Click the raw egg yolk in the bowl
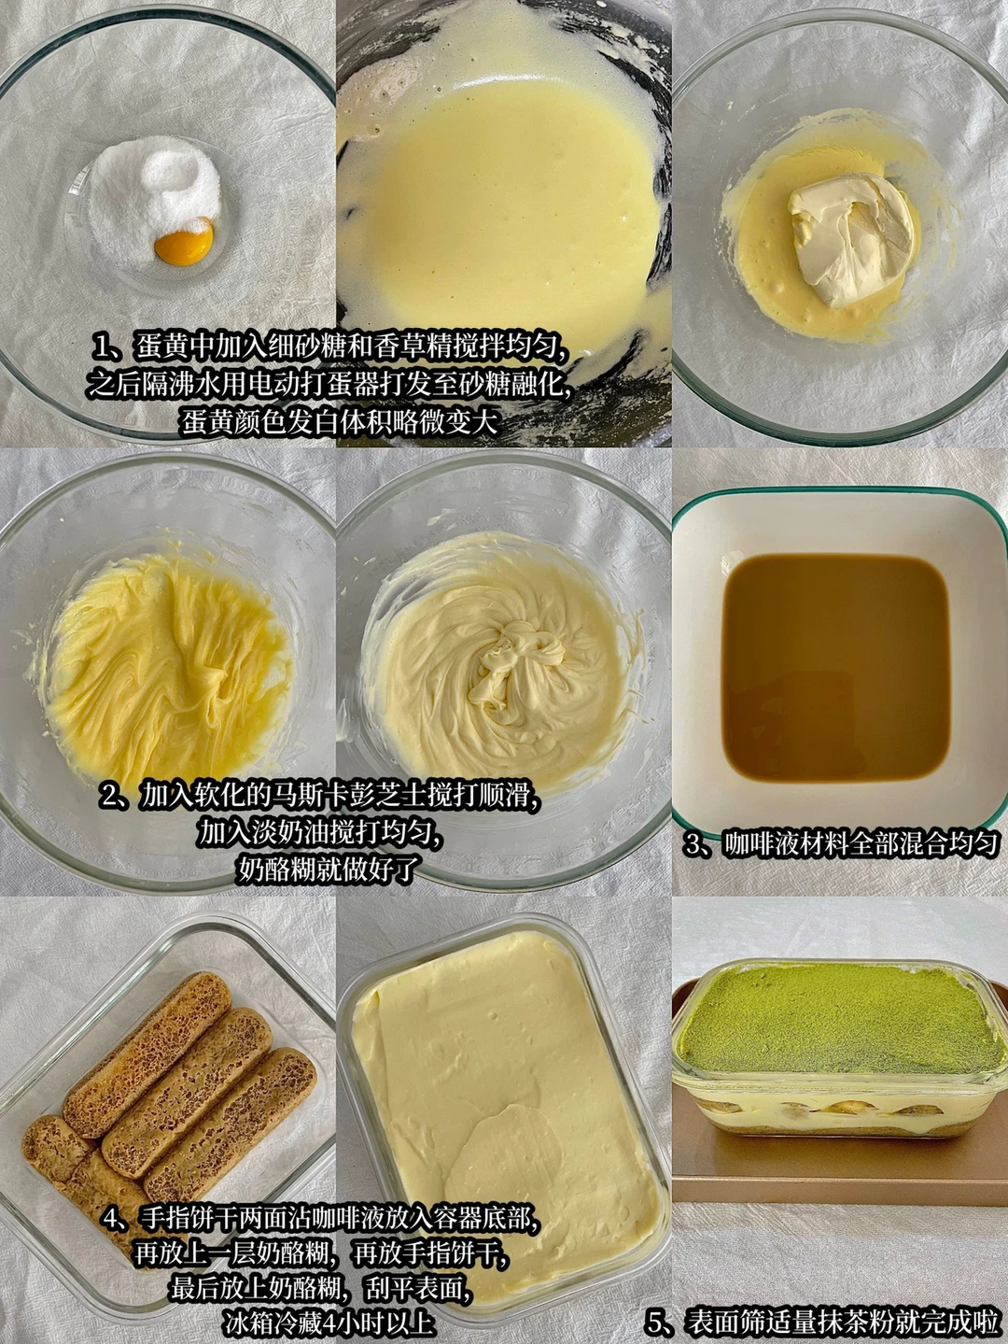184,241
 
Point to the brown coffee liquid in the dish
835,670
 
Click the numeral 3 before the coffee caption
694,843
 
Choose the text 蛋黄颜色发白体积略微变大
340,422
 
